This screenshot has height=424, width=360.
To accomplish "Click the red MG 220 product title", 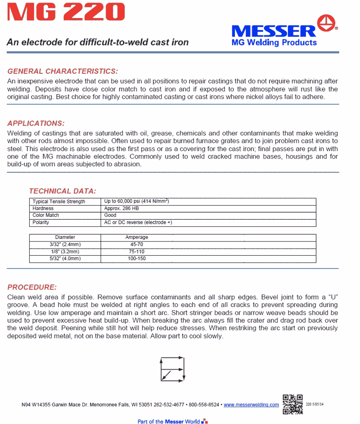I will point(66,13).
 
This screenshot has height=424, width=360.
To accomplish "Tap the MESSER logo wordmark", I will point(274,31).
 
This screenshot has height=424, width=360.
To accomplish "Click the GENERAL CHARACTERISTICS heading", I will point(63,71).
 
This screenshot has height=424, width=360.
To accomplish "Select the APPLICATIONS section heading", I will point(36,123).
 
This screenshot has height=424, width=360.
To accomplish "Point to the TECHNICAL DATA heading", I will point(62,191).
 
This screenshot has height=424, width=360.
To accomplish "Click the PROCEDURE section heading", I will point(32,287).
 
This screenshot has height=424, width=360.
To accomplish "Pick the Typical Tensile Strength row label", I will point(59,202).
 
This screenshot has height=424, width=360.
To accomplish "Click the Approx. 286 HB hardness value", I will point(121,208).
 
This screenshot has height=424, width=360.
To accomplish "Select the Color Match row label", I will point(46,215).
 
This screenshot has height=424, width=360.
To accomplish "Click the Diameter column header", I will point(65,237).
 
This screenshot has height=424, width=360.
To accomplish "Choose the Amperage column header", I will point(137,237).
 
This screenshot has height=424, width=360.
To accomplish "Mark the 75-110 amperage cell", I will point(137,252).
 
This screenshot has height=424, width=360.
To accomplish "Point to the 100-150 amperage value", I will point(137,259).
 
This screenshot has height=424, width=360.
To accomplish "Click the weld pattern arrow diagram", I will point(172,369).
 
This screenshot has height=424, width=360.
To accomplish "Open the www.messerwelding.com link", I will point(251,405).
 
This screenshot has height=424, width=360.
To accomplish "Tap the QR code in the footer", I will point(293,404).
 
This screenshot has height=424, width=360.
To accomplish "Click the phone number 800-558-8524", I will point(204,405).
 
